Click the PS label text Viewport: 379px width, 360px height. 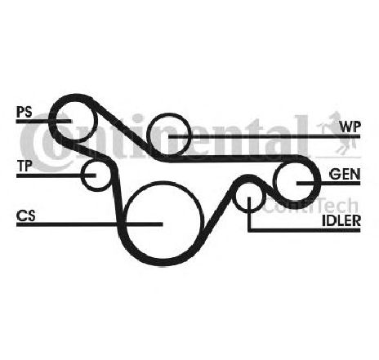pyautogui.click(x=25, y=112)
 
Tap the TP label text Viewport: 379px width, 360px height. pyautogui.click(x=25, y=166)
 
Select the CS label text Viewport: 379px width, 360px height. pyautogui.click(x=26, y=216)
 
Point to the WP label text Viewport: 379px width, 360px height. pyautogui.click(x=350, y=127)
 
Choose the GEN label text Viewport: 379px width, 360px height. pyautogui.click(x=345, y=174)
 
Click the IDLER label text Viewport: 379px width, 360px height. pyautogui.click(x=341, y=220)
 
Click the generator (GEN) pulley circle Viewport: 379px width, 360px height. pyautogui.click(x=275, y=181)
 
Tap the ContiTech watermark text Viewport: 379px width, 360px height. pyautogui.click(x=310, y=206)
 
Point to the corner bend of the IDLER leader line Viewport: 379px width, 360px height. pyautogui.click(x=249, y=230)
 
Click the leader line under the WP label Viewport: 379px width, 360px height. pyautogui.click(x=265, y=136)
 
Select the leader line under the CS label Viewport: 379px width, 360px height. pyautogui.click(x=90, y=224)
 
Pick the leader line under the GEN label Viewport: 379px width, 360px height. pyautogui.click(x=328, y=183)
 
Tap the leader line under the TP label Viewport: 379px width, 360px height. pyautogui.click(x=56, y=176)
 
